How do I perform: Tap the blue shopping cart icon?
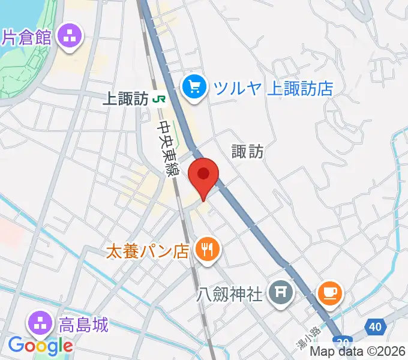[x=194, y=88]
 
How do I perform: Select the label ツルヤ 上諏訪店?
[x=274, y=89]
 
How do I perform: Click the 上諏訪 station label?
[x=125, y=99]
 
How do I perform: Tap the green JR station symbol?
[x=159, y=99]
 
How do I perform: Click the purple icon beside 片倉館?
[x=70, y=37]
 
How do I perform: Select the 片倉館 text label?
[x=27, y=37]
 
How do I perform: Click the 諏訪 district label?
[x=248, y=151]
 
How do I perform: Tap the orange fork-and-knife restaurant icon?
[x=208, y=249]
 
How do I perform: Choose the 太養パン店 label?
[x=148, y=250]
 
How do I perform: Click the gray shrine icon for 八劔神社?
[x=280, y=293]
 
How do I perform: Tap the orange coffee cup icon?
[x=330, y=293]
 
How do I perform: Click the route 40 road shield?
[x=375, y=327]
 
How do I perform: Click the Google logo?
[x=41, y=346]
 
